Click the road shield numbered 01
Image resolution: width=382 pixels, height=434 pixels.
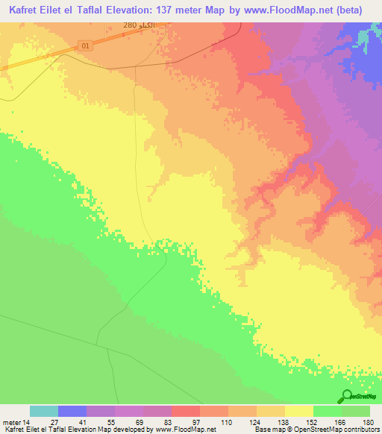point(86,45)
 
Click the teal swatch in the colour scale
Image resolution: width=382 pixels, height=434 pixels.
point(44,411)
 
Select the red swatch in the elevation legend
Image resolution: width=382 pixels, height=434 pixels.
point(185,411)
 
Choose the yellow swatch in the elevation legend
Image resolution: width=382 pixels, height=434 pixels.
point(298,411)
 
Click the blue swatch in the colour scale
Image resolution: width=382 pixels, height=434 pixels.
point(72,411)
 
